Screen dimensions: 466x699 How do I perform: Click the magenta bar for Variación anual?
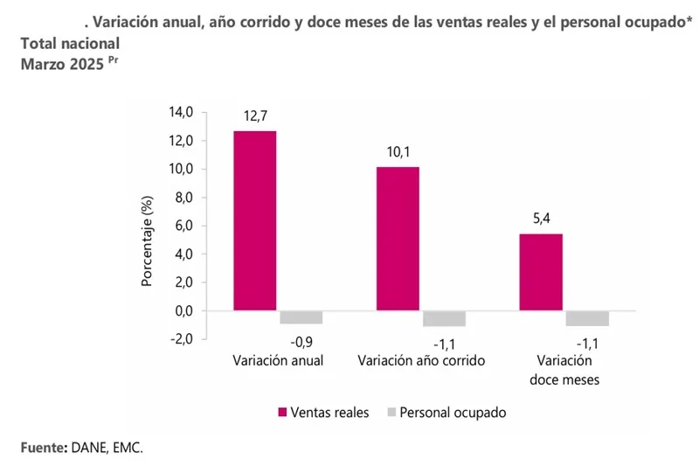click(x=255, y=220)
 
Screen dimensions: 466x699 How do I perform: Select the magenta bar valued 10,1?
click(x=398, y=238)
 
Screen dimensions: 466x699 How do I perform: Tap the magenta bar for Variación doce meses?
click(x=541, y=272)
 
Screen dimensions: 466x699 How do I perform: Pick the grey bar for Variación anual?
click(x=301, y=317)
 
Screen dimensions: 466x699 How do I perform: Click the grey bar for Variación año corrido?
click(x=444, y=318)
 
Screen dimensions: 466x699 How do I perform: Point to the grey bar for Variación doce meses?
click(x=587, y=318)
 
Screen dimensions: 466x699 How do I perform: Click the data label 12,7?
click(x=255, y=117)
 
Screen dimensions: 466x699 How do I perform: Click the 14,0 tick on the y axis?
click(x=182, y=112)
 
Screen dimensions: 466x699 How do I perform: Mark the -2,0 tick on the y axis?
click(x=182, y=339)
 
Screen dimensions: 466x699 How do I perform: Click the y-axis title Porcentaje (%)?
click(x=148, y=240)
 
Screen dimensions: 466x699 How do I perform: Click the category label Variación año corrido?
click(x=421, y=360)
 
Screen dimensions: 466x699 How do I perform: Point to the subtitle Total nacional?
click(x=70, y=42)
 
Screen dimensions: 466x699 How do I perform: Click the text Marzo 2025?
click(x=62, y=63)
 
